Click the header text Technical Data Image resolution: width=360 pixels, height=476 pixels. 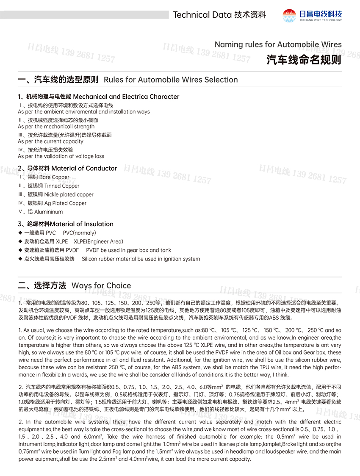pos(202,15)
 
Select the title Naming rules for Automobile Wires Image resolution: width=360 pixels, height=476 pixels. pos(278,44)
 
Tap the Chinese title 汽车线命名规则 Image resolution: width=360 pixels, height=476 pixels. pos(304,60)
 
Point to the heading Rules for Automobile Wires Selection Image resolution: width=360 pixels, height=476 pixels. pos(171,80)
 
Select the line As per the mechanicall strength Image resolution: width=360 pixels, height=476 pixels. pos(56,127)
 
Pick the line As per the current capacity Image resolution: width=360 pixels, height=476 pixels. pos(51,141)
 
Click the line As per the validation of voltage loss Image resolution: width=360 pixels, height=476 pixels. pos(61,156)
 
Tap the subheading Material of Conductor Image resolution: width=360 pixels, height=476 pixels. pos(84,168)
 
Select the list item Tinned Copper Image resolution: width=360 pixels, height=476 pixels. pos(62,186)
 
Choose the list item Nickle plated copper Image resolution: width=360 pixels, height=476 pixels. pos(69,195)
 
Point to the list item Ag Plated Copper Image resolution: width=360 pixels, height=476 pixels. pos(65,203)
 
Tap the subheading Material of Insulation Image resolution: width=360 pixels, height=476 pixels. pos(82,224)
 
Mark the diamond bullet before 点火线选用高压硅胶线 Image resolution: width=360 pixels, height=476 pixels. pos(20,259)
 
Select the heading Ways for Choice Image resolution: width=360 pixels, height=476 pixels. pos(101,286)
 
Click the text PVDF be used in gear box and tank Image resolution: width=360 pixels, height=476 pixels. pos(128,250)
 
